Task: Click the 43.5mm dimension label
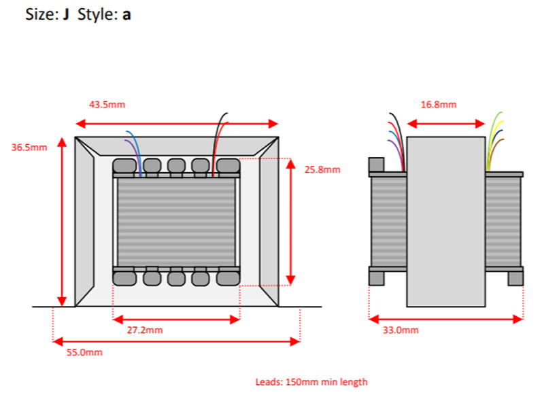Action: [107, 105]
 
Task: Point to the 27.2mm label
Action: [145, 330]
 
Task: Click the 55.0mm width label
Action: [84, 352]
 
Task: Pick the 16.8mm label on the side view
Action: [439, 105]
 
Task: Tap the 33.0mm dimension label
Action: [401, 330]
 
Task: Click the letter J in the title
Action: [67, 14]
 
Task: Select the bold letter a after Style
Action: [126, 14]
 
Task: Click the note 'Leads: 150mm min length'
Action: [311, 382]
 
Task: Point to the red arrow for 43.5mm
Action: [177, 124]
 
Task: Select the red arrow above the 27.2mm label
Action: [176, 318]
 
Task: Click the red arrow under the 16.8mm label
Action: [445, 124]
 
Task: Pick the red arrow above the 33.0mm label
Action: [446, 317]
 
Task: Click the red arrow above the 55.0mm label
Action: [176, 341]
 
